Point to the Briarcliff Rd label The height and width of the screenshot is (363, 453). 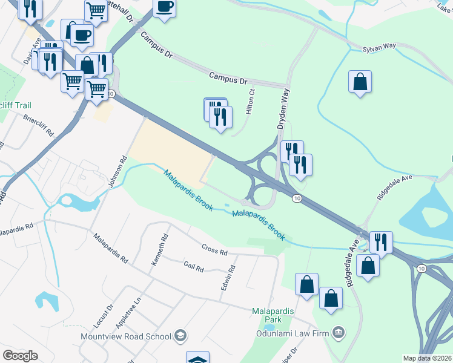pos(38,125)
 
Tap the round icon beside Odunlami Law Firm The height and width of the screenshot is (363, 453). pos(339,331)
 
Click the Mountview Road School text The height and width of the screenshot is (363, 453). pos(126,336)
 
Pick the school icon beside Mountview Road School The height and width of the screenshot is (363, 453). pos(180,335)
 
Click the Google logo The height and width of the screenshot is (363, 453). pos(20,356)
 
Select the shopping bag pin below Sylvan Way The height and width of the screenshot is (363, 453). pos(360,83)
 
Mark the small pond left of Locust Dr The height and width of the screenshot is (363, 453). pos(46,299)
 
